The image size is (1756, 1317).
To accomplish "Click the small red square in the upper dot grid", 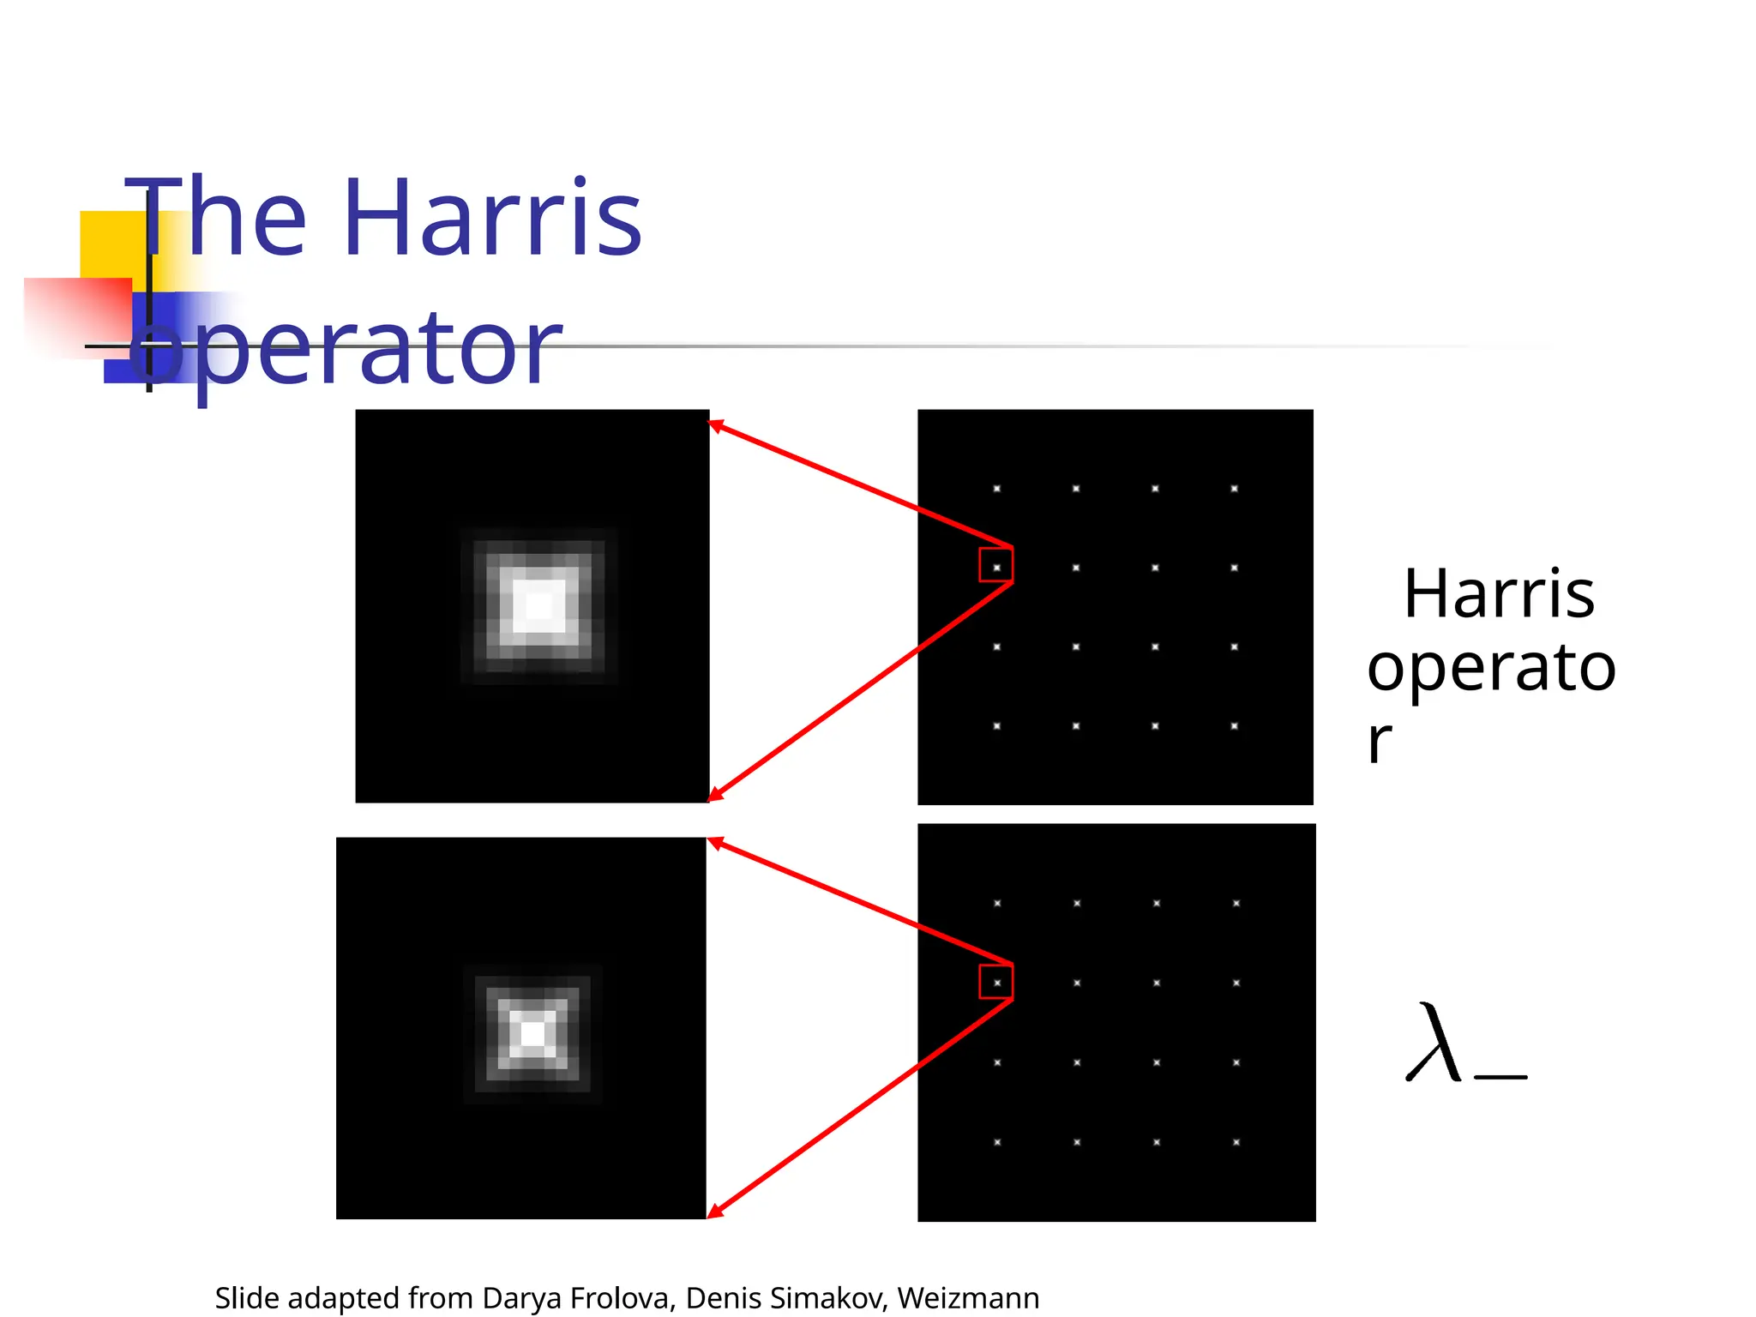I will [996, 565].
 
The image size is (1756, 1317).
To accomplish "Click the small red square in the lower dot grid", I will [996, 982].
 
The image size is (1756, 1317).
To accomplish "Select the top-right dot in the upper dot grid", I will [1235, 489].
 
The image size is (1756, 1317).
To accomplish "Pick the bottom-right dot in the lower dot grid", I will [1236, 1142].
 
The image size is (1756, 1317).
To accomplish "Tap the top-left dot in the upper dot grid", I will [997, 489].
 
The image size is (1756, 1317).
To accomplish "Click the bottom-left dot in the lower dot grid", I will [997, 1142].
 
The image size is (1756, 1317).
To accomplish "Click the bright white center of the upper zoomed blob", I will [539, 606].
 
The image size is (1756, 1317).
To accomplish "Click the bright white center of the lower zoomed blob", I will [532, 1034].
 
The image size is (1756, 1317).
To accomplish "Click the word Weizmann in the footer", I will [968, 1298].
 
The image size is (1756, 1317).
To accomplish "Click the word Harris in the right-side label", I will [1499, 593].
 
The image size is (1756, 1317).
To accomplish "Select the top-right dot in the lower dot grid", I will [1236, 904].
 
